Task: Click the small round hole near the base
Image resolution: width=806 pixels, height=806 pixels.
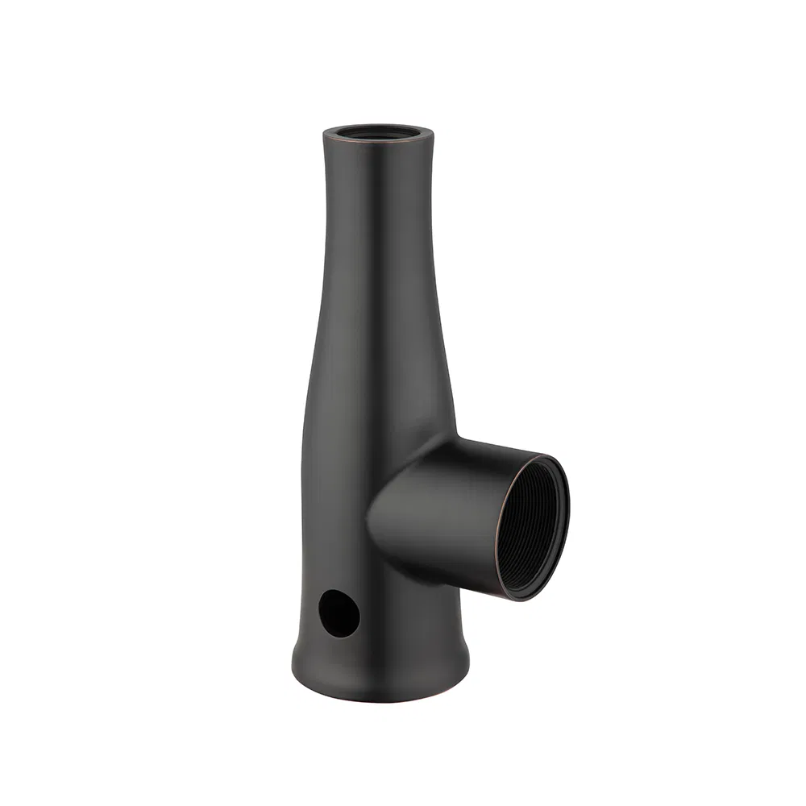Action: pos(339,613)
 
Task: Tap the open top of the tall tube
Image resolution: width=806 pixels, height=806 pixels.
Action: pos(378,132)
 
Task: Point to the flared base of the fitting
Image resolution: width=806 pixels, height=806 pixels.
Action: pos(379,669)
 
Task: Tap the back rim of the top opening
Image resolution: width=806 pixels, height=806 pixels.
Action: pos(378,125)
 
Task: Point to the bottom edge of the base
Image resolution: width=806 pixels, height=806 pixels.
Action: pos(379,700)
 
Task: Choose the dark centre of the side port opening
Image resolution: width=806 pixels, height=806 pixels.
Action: pos(536,528)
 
